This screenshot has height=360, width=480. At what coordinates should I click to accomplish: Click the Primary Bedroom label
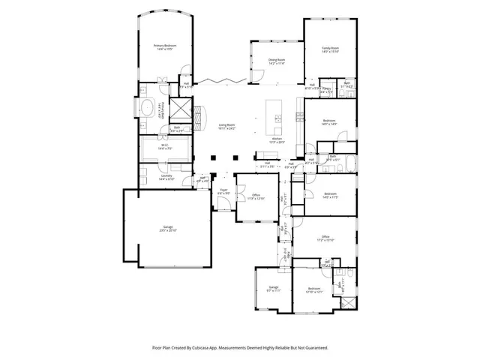click(164, 47)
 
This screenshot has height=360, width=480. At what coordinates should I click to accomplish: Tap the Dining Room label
click(276, 61)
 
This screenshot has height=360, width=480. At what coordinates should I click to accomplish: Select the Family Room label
click(331, 49)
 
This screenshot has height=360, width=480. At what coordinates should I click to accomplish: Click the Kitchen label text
click(277, 139)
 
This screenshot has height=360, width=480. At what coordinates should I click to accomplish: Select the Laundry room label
click(166, 178)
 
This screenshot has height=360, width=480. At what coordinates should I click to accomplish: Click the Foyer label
click(223, 191)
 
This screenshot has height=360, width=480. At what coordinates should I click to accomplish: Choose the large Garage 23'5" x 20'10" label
click(166, 228)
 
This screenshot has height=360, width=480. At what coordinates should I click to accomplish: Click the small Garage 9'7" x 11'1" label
click(274, 288)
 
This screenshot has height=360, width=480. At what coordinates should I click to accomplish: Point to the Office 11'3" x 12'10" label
click(257, 196)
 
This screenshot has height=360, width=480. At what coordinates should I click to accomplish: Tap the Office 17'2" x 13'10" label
click(325, 238)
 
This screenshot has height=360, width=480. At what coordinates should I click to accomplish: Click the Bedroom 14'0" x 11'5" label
click(331, 195)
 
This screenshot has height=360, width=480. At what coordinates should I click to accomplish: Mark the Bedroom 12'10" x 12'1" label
click(314, 289)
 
